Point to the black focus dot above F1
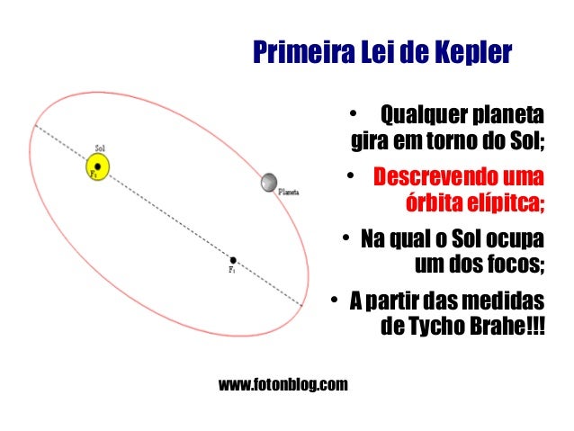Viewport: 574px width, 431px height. tap(233, 260)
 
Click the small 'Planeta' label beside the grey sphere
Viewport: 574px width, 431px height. tap(289, 192)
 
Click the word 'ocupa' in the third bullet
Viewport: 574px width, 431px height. tap(511, 240)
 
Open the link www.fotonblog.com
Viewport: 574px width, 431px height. tap(283, 386)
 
